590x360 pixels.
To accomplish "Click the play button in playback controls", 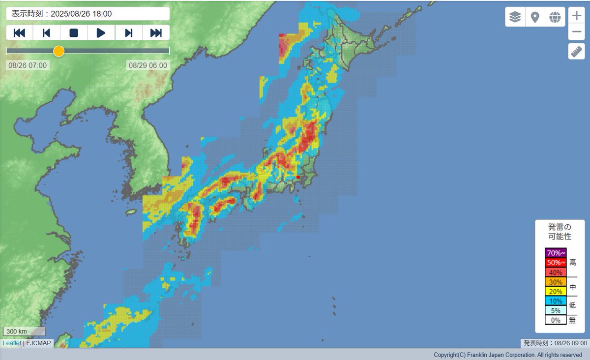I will [101, 33].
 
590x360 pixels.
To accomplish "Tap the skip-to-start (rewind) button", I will [20, 33].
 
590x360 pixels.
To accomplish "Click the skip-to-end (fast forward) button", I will [156, 33].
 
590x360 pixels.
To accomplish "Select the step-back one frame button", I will [47, 33].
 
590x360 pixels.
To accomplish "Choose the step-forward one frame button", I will [129, 33].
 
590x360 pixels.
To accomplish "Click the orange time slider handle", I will [59, 51].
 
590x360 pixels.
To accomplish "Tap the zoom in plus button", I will [576, 15].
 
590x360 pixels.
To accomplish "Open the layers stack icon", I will [515, 17].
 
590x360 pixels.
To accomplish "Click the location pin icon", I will [535, 17].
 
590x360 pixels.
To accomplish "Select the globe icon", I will [555, 17].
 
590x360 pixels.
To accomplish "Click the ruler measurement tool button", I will [576, 51].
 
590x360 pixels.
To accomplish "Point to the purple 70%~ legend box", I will [556, 253].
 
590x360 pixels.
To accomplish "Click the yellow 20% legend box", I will [556, 291].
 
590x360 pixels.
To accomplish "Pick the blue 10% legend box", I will [556, 301].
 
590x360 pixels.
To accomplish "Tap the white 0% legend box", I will [556, 320].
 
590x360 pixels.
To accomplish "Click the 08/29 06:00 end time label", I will [148, 65].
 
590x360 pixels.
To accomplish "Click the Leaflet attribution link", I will [12, 343].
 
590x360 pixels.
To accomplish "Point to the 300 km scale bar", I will [24, 331].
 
